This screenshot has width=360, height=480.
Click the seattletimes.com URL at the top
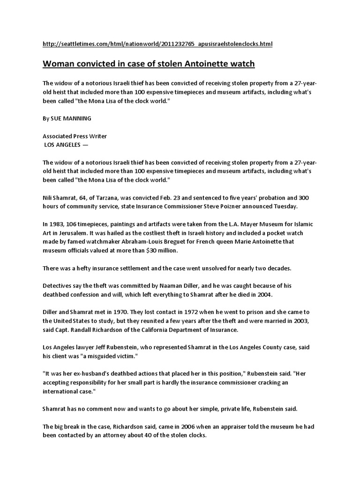157,44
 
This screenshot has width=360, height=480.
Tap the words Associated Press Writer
75,136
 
